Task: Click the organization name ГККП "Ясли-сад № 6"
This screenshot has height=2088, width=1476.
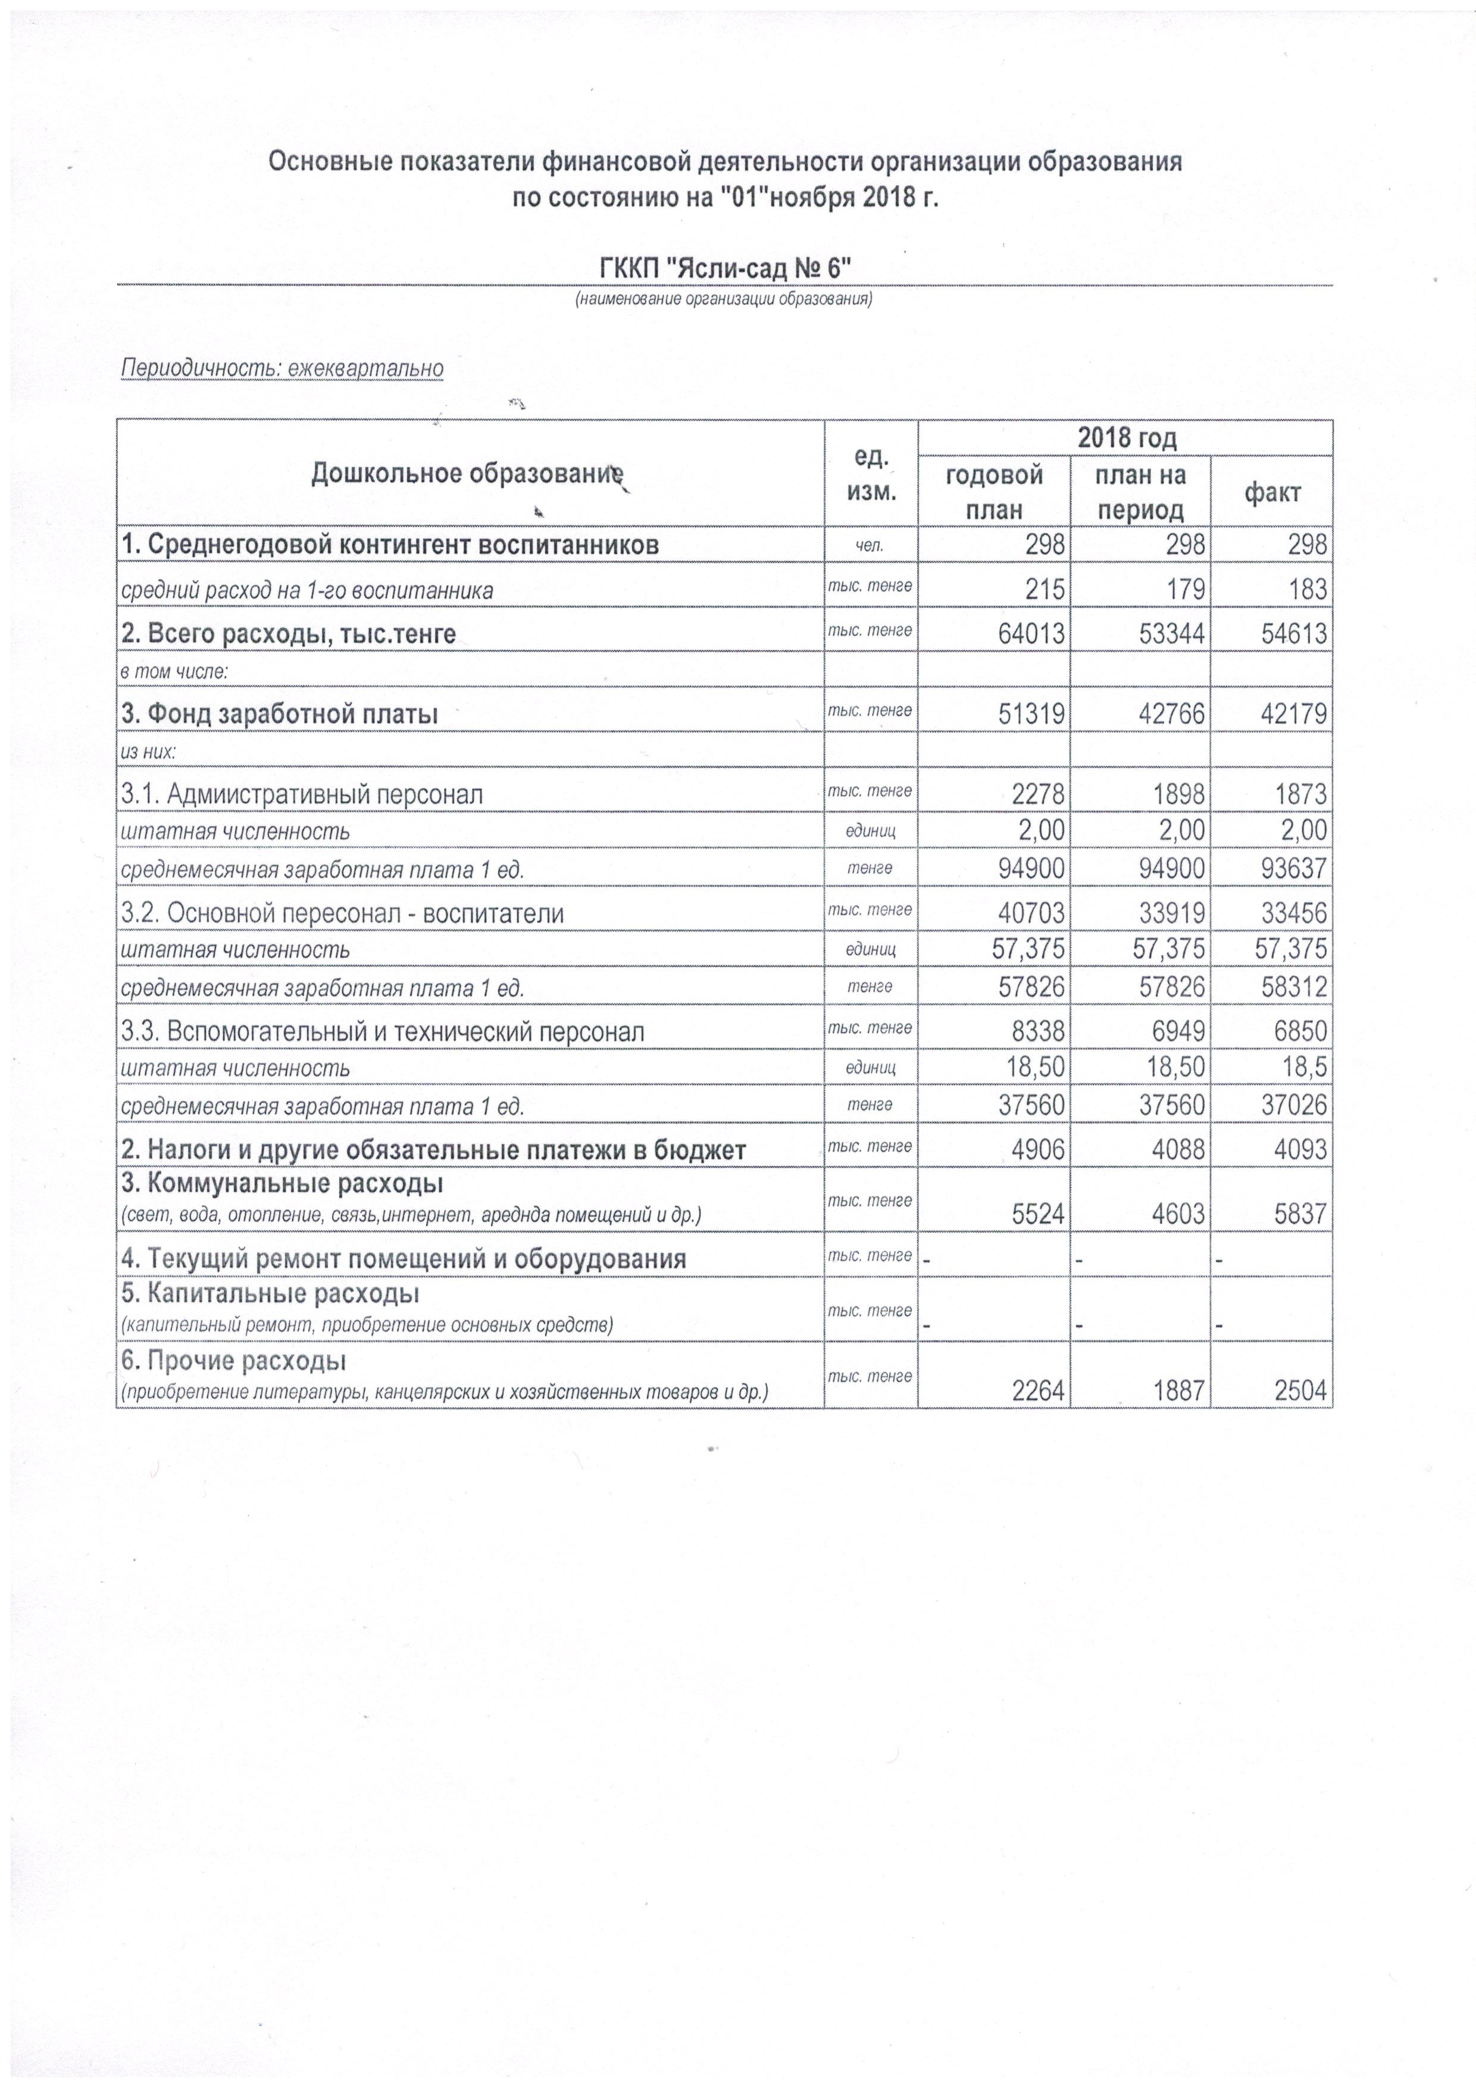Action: click(725, 268)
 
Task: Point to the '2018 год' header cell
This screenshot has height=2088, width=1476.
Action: click(1126, 437)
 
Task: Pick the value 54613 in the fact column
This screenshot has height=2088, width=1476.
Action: click(1291, 633)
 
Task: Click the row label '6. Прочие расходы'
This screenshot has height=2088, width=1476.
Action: click(234, 1361)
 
